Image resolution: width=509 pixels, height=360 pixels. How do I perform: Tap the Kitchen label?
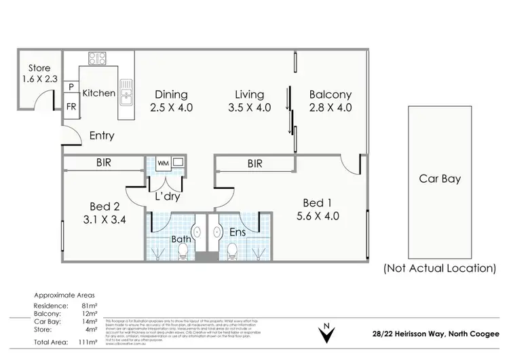(98, 93)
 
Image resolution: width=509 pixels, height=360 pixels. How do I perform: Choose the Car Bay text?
(440, 179)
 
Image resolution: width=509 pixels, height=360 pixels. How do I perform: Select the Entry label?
(102, 136)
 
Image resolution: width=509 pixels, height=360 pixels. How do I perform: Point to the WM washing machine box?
(163, 163)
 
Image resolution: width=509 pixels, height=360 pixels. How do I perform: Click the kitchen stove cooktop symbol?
(96, 58)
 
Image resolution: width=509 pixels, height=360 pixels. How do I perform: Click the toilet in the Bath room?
(181, 253)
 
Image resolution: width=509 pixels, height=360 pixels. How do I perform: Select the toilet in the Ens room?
(231, 253)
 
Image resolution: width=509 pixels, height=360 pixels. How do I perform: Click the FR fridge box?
(71, 107)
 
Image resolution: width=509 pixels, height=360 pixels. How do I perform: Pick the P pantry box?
(71, 87)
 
